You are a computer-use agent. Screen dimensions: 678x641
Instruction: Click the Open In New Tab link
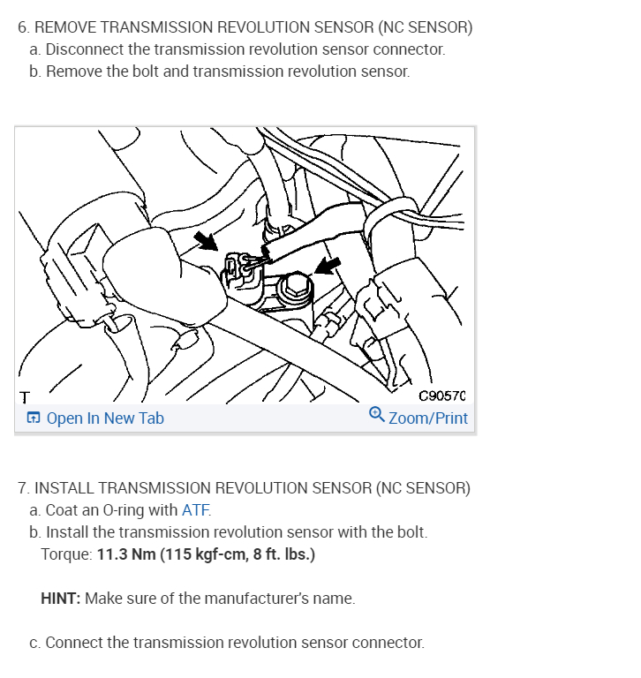point(104,418)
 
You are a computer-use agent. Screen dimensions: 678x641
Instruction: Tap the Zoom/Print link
point(428,418)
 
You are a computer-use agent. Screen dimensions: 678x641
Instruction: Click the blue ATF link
point(196,510)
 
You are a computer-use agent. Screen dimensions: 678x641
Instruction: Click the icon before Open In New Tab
point(33,418)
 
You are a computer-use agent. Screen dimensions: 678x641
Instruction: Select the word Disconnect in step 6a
point(85,49)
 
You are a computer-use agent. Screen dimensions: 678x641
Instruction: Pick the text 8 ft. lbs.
point(280,554)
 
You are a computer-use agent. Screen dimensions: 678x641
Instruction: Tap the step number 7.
point(22,488)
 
